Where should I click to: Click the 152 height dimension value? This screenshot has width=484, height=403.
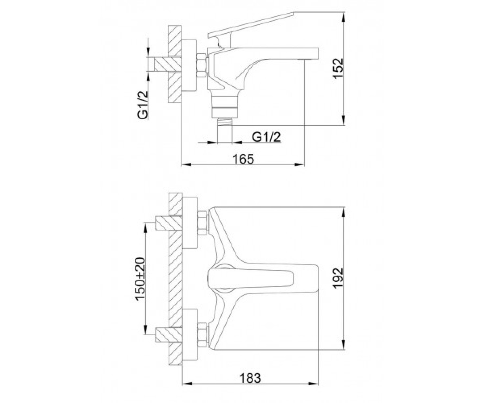[x=338, y=69]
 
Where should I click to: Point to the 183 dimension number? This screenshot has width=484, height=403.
[x=250, y=378]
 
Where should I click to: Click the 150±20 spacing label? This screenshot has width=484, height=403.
[x=140, y=279]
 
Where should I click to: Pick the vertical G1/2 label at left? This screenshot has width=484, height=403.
[x=143, y=105]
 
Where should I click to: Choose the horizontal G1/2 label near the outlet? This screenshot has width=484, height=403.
[x=266, y=137]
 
